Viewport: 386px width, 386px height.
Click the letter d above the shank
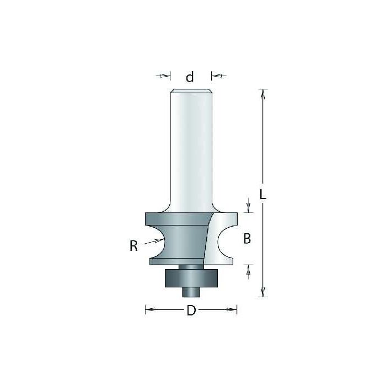pos(190,77)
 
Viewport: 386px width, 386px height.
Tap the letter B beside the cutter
pos(247,239)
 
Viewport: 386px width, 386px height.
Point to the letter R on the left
pos(133,246)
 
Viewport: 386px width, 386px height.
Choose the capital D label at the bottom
pos(191,310)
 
